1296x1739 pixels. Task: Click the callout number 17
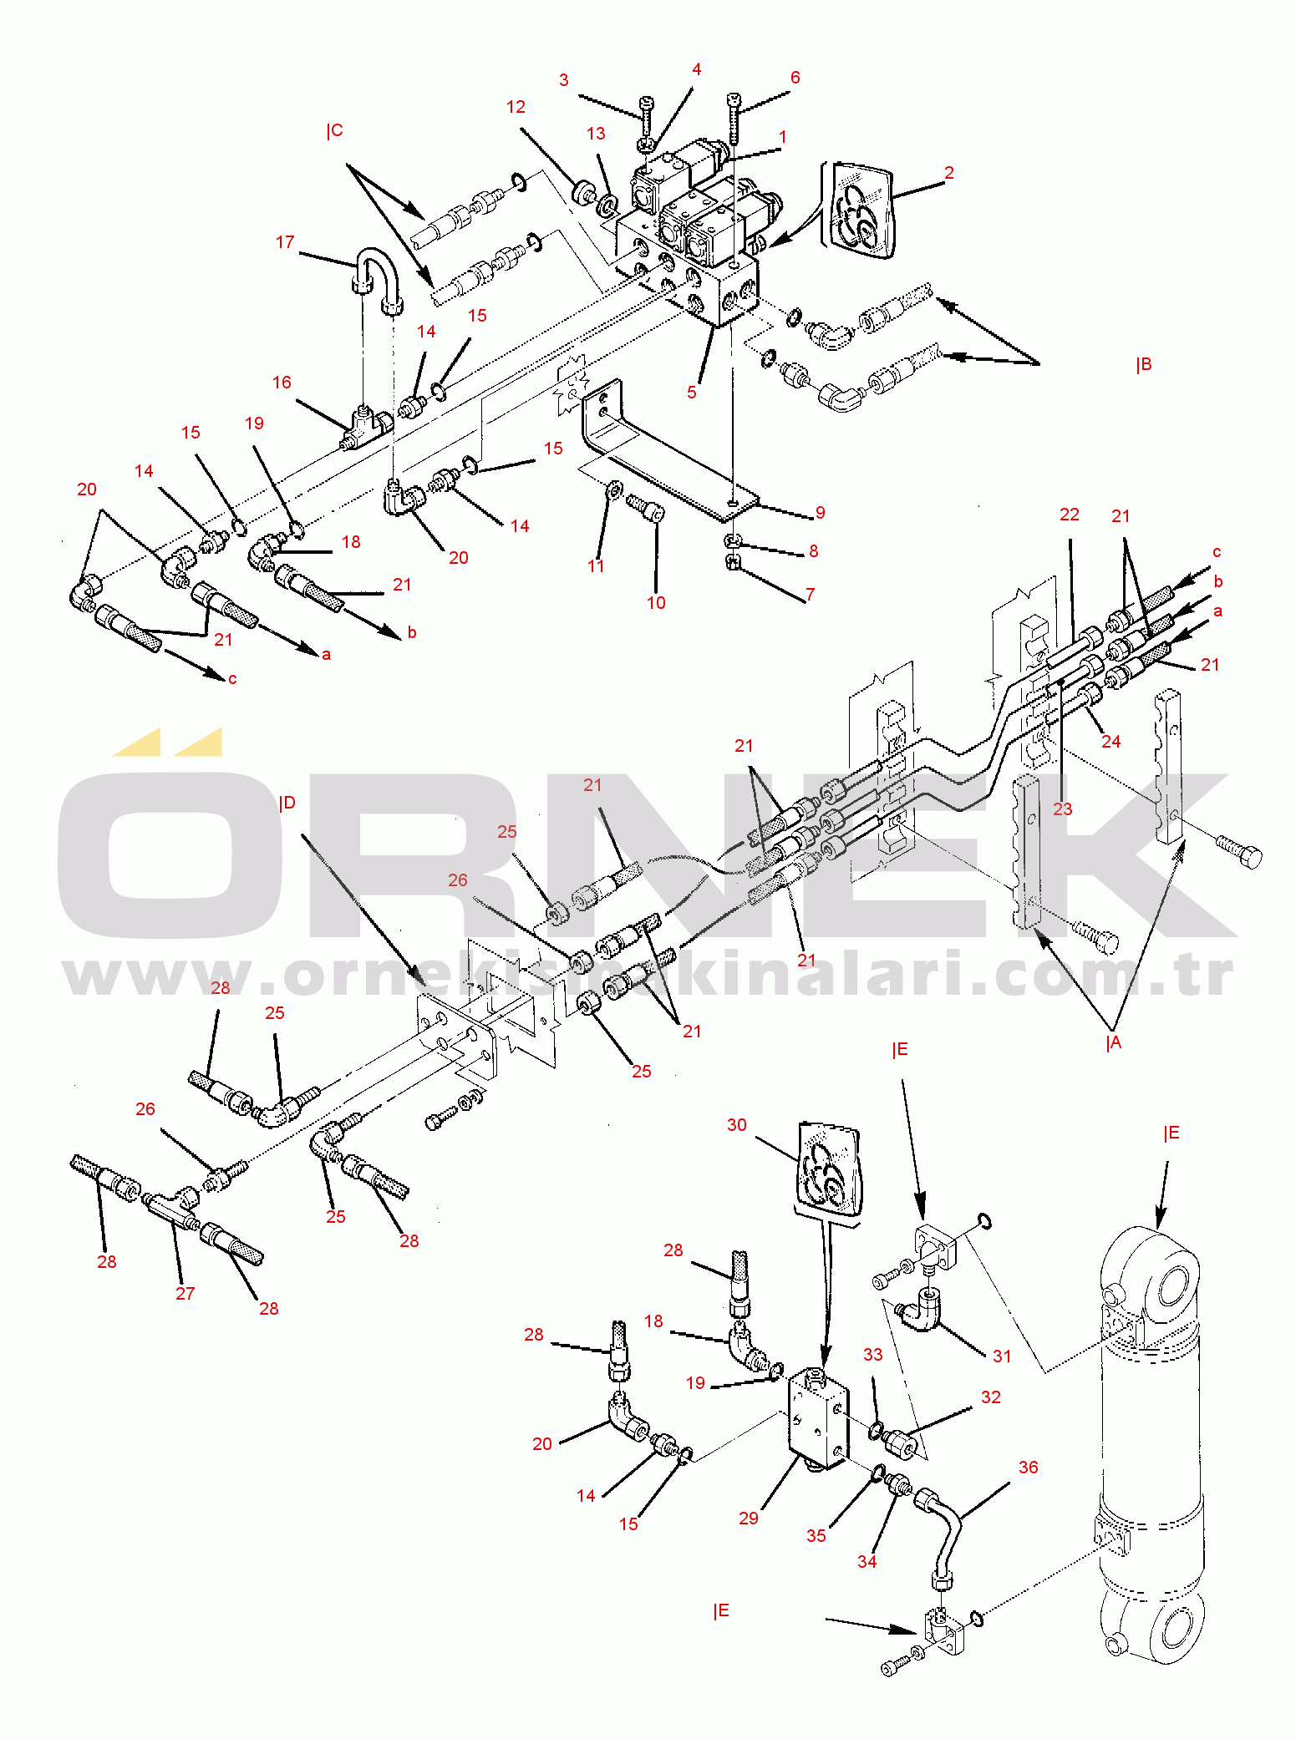point(285,242)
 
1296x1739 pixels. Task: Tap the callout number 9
point(820,512)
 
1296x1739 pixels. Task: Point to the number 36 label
point(1028,1468)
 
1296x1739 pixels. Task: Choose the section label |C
point(334,130)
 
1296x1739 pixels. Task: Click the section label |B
point(1143,365)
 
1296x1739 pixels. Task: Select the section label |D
point(287,803)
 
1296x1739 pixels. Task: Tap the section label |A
point(1113,1042)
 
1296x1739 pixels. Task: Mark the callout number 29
point(749,1518)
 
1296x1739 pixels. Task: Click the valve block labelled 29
point(818,1417)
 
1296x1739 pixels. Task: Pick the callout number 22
point(1070,515)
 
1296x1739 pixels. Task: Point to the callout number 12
point(516,107)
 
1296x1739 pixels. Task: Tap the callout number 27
point(185,1293)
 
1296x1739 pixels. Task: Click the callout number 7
point(810,595)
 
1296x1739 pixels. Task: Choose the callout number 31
point(1002,1356)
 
